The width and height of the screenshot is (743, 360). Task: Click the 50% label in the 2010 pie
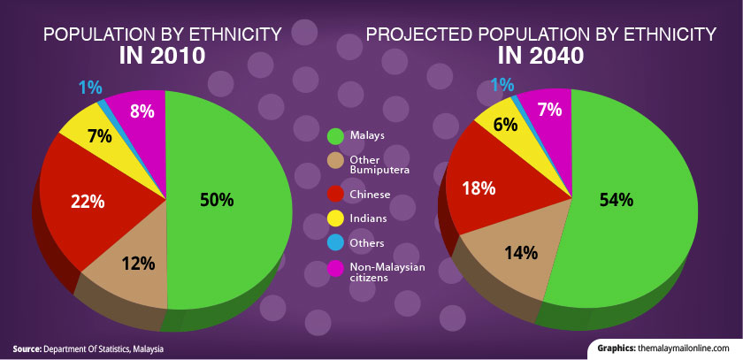pyautogui.click(x=217, y=200)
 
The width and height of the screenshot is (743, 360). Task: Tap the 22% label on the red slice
pyautogui.click(x=88, y=201)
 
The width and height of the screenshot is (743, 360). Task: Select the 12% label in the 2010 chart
pyautogui.click(x=139, y=264)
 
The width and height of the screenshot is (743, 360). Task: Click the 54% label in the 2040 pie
pyautogui.click(x=616, y=200)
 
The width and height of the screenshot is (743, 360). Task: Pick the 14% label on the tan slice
pyautogui.click(x=520, y=253)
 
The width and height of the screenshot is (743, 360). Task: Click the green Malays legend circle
pyautogui.click(x=334, y=136)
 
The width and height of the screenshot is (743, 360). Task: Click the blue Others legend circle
pyautogui.click(x=334, y=243)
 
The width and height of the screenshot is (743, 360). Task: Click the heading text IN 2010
pyautogui.click(x=163, y=57)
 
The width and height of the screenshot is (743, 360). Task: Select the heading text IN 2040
pyautogui.click(x=540, y=57)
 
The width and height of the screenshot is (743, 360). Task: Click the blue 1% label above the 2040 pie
pyautogui.click(x=502, y=85)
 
